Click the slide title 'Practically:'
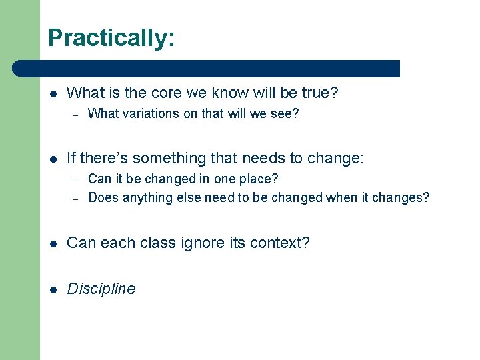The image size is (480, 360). tap(111, 38)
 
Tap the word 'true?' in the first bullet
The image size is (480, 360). tap(319, 93)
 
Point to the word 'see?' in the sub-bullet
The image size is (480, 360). tap(285, 114)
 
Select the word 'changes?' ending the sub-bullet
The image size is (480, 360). tap(401, 197)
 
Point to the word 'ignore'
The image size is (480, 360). tap(197, 243)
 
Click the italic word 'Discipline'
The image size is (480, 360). tap(101, 289)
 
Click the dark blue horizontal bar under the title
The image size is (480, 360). tap(207, 68)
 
